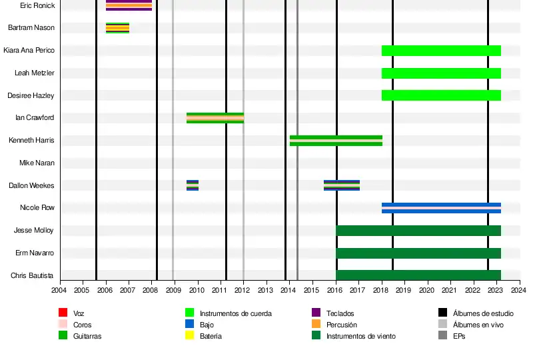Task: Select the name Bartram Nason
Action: (31, 28)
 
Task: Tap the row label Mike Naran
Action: (37, 163)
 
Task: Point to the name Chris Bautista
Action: (33, 276)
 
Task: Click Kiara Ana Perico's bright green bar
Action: (441, 51)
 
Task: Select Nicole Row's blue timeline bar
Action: (441, 208)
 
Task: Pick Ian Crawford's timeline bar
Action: (215, 118)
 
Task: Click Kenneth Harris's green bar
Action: (336, 141)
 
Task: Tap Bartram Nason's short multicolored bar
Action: (117, 28)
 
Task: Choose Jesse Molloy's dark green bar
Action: (418, 231)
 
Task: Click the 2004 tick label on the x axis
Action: (59, 289)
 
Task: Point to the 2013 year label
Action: (265, 289)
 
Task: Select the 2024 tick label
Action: (518, 289)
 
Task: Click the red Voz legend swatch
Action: (63, 313)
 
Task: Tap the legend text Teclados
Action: (340, 313)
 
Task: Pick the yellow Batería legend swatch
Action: (190, 336)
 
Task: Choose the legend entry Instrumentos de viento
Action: (360, 337)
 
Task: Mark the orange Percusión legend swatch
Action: (316, 325)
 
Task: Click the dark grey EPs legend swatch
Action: (443, 336)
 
